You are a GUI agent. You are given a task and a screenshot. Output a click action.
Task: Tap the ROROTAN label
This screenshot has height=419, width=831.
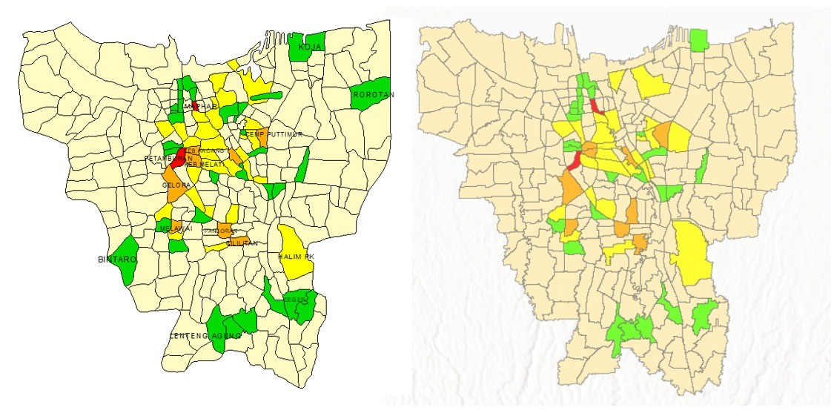374,95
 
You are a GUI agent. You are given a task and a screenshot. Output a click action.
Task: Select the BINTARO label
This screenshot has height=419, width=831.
113,260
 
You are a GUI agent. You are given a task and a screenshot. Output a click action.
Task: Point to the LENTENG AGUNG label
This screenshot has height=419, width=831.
206,336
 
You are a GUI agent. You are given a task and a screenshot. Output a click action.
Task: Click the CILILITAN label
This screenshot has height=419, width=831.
242,243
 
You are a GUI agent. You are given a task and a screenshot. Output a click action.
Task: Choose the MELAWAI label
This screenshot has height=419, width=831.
176,229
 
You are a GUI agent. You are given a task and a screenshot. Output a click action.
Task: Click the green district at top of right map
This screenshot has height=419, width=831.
698,39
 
